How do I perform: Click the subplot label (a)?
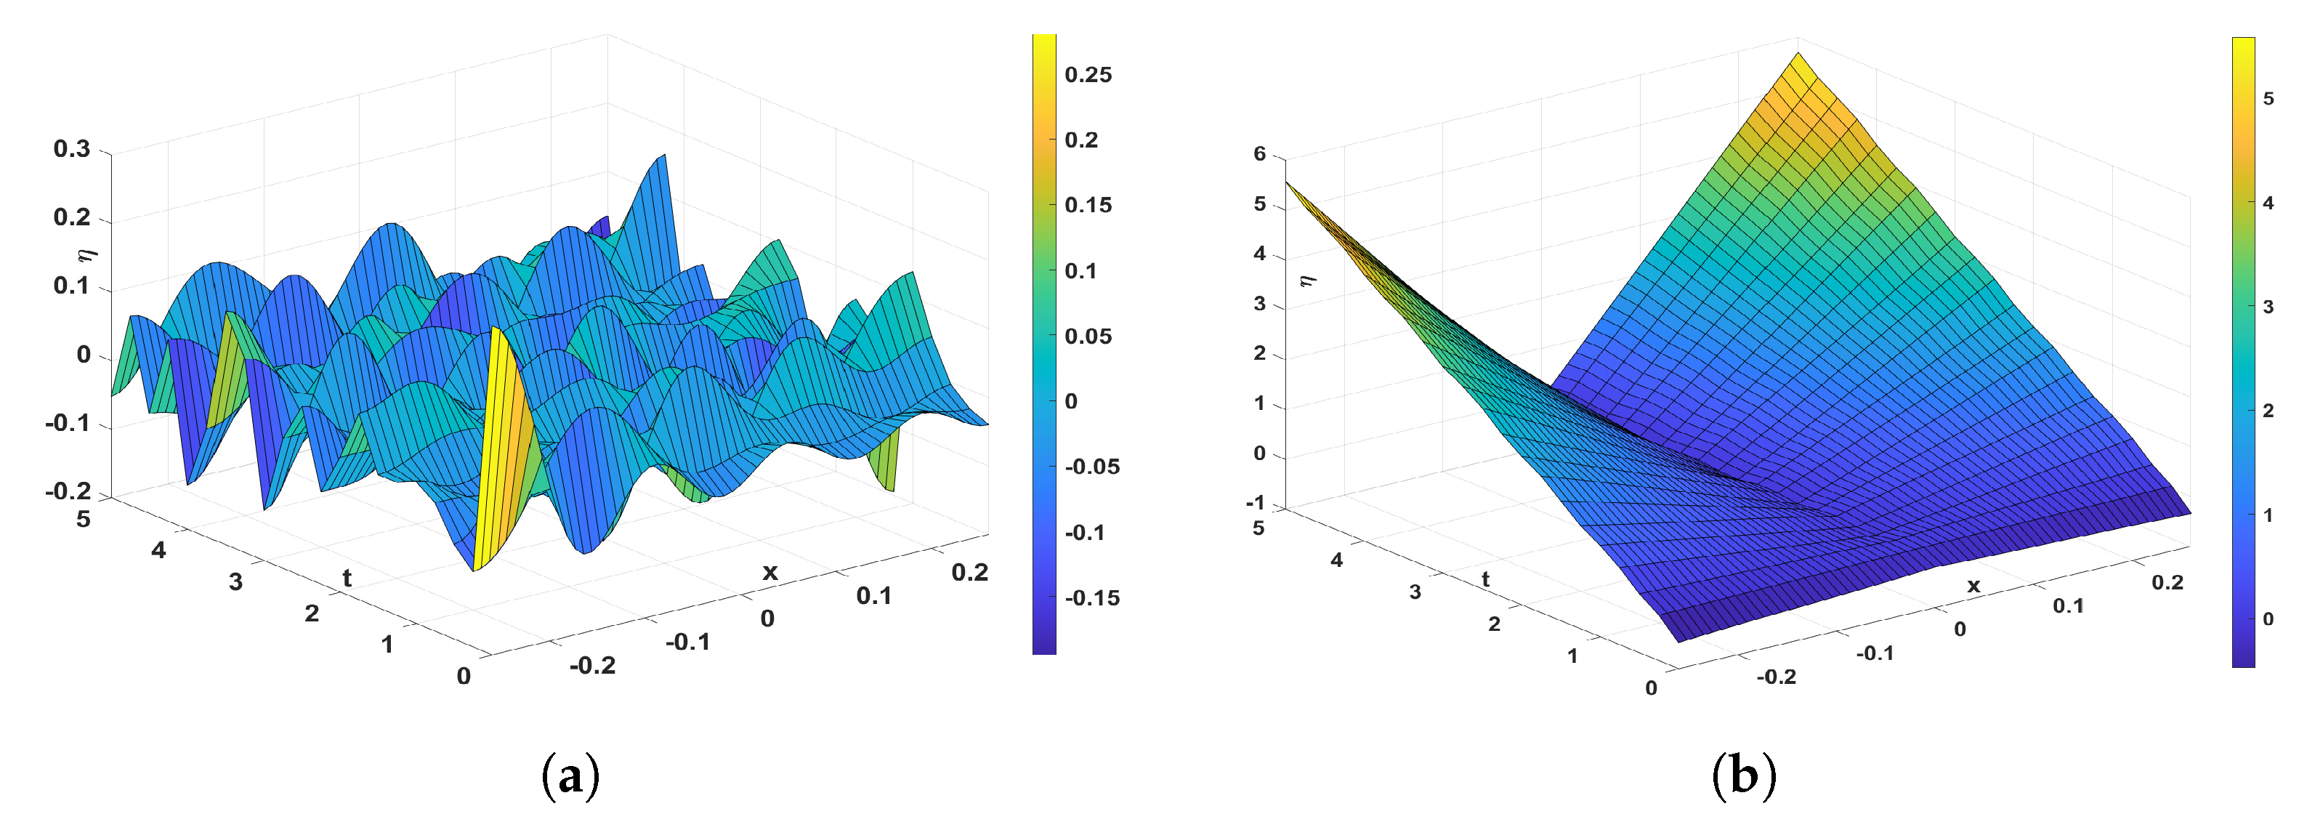click(570, 775)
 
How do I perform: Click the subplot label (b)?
click(1743, 775)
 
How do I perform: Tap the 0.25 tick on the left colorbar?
click(1088, 75)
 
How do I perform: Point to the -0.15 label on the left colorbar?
click(1091, 598)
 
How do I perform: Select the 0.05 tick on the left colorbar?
click(1088, 337)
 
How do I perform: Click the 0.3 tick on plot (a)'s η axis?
click(72, 149)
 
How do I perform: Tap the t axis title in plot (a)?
click(347, 579)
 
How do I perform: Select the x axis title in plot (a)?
click(769, 572)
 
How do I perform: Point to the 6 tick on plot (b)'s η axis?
click(1259, 153)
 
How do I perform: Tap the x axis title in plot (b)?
click(1973, 586)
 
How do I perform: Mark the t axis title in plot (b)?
click(1485, 579)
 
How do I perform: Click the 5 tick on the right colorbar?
click(2268, 99)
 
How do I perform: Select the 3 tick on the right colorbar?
click(2268, 307)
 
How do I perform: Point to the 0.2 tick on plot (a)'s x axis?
click(969, 572)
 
